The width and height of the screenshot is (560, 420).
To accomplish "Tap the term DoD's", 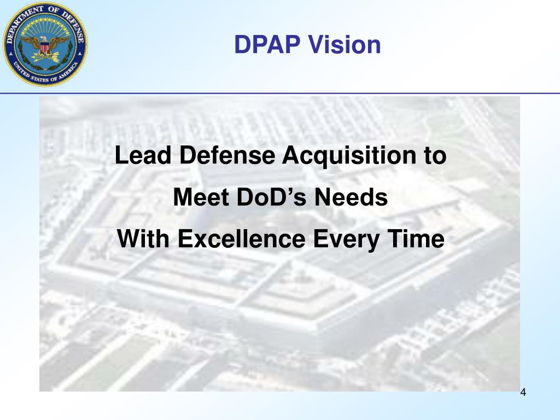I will click(x=272, y=198).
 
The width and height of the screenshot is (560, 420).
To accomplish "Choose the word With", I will click(x=143, y=239).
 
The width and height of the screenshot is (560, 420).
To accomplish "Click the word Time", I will click(x=416, y=239).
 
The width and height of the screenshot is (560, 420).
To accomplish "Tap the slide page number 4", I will click(x=523, y=393).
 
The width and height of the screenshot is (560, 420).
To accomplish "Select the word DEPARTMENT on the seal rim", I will click(x=25, y=22).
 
